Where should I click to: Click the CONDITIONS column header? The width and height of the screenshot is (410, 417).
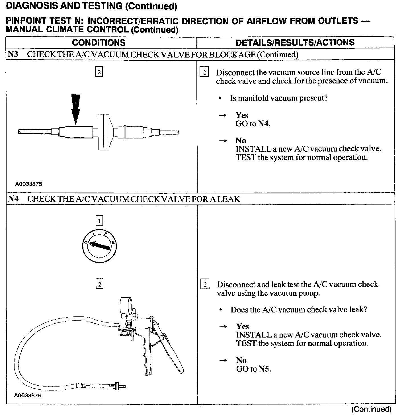(99, 43)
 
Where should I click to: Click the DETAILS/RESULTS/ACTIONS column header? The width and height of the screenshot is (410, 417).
(295, 42)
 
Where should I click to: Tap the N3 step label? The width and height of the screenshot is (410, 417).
(13, 54)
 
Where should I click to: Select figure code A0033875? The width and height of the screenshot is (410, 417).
(28, 184)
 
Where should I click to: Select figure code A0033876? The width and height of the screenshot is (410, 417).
(28, 396)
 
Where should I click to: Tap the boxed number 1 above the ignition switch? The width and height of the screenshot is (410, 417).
(99, 221)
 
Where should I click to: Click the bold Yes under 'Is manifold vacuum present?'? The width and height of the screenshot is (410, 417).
(242, 115)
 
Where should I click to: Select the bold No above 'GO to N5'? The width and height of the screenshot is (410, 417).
(241, 360)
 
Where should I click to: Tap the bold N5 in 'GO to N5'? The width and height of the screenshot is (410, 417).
(264, 369)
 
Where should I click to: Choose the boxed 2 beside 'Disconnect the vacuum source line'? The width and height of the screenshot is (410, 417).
(204, 73)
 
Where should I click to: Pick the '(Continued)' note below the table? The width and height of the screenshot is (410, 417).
(371, 409)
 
